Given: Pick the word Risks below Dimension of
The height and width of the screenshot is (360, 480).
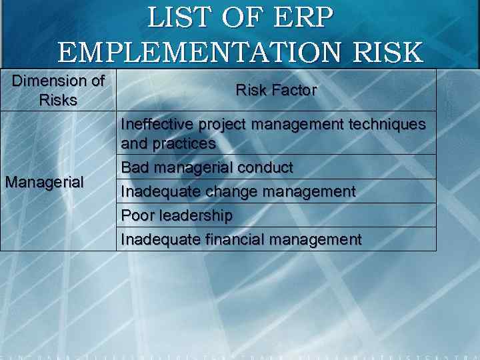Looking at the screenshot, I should tap(58, 101).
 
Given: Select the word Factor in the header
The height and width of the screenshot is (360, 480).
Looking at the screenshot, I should tap(295, 91).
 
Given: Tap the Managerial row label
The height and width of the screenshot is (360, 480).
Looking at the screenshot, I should tap(44, 182).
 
